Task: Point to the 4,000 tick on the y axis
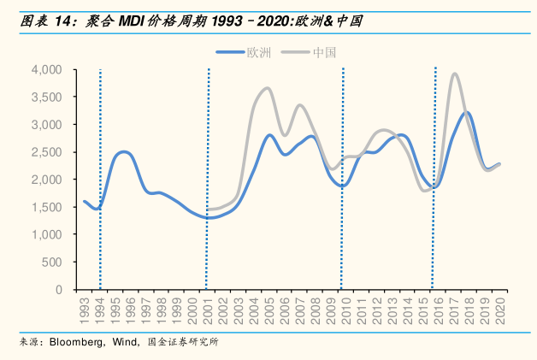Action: coord(46,69)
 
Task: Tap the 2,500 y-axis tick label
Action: coord(46,152)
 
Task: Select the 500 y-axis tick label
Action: coord(53,263)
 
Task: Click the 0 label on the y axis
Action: coord(59,290)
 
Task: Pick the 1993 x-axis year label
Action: coord(85,307)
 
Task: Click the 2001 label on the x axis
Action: coord(208,307)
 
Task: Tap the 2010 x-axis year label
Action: coord(345,307)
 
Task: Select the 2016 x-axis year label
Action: coord(438,307)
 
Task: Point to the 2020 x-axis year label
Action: coord(499,307)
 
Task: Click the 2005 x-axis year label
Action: coord(269,307)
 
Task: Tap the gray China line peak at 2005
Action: coord(267,88)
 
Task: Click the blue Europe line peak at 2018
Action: coord(467,113)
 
